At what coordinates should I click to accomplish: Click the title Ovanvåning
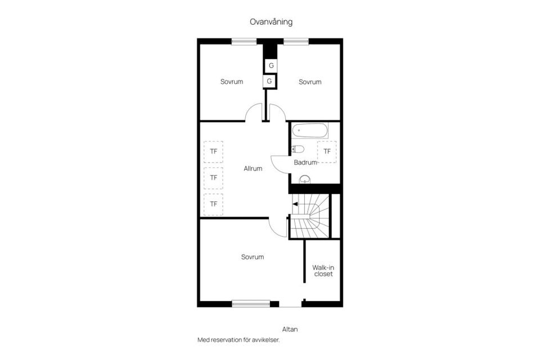click(271, 22)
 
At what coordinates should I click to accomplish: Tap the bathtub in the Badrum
click(309, 130)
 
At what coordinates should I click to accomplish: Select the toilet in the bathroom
click(298, 149)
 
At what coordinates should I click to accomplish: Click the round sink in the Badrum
click(305, 179)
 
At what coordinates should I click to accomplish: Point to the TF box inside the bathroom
click(327, 151)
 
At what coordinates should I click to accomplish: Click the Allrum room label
click(253, 168)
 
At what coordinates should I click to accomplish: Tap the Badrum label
click(305, 162)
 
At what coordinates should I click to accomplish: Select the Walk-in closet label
click(323, 271)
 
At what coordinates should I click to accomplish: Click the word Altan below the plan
click(290, 329)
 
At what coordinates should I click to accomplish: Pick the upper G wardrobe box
click(271, 65)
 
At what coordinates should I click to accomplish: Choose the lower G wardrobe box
click(269, 82)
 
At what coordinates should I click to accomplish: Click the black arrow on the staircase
click(295, 204)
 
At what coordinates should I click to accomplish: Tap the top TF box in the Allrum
click(214, 151)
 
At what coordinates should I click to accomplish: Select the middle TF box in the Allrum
click(214, 178)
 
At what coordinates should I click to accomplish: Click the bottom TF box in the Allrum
click(214, 204)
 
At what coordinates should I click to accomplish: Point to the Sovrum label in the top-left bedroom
click(232, 82)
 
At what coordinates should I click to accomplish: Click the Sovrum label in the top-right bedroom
click(310, 82)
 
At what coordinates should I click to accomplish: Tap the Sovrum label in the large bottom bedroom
click(253, 257)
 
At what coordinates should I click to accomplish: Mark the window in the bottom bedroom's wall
click(251, 304)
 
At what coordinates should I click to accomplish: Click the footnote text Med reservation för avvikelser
click(238, 340)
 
